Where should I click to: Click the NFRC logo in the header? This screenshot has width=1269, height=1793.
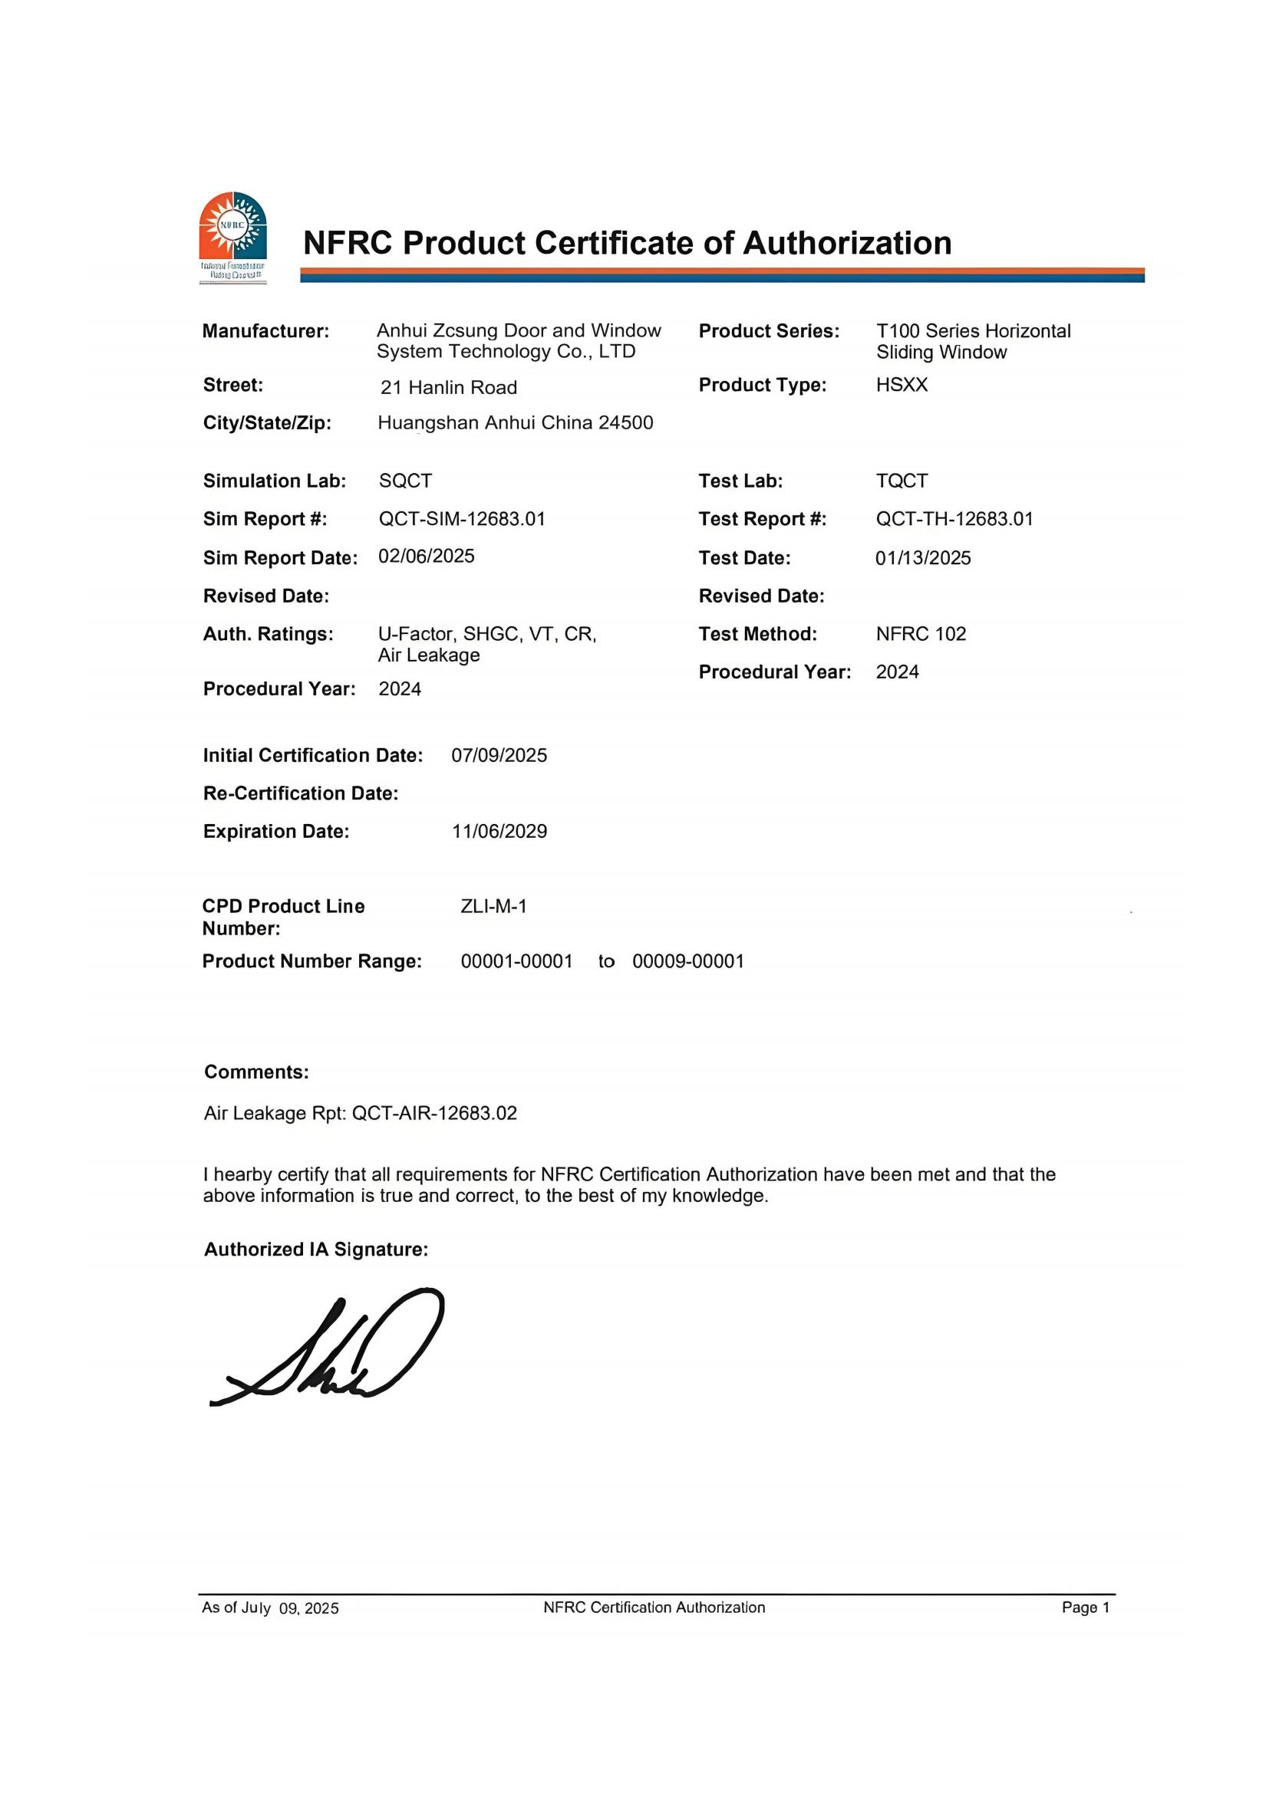[233, 236]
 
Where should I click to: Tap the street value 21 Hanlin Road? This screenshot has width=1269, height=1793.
[449, 387]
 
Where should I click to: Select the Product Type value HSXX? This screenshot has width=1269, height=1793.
[901, 385]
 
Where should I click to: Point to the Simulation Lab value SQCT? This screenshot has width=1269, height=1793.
[405, 481]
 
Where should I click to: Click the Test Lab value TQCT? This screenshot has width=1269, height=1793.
[901, 481]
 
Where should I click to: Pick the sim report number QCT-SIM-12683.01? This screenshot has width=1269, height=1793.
[462, 519]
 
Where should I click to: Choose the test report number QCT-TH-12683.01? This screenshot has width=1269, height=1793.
[954, 519]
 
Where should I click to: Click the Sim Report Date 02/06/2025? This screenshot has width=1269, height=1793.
[426, 556]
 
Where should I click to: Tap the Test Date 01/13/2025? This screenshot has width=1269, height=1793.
[923, 558]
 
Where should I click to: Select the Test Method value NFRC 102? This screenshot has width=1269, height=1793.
[921, 634]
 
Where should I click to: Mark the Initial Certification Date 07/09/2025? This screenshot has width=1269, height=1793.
[499, 756]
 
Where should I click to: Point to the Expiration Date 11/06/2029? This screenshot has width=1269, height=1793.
[499, 832]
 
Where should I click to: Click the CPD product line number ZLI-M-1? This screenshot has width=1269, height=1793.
[493, 907]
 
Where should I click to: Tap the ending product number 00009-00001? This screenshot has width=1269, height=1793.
[687, 961]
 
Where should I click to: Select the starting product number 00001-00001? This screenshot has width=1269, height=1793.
[516, 961]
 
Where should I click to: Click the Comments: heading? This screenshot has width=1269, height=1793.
[256, 1072]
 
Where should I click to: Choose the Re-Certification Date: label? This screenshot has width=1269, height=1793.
[301, 793]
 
